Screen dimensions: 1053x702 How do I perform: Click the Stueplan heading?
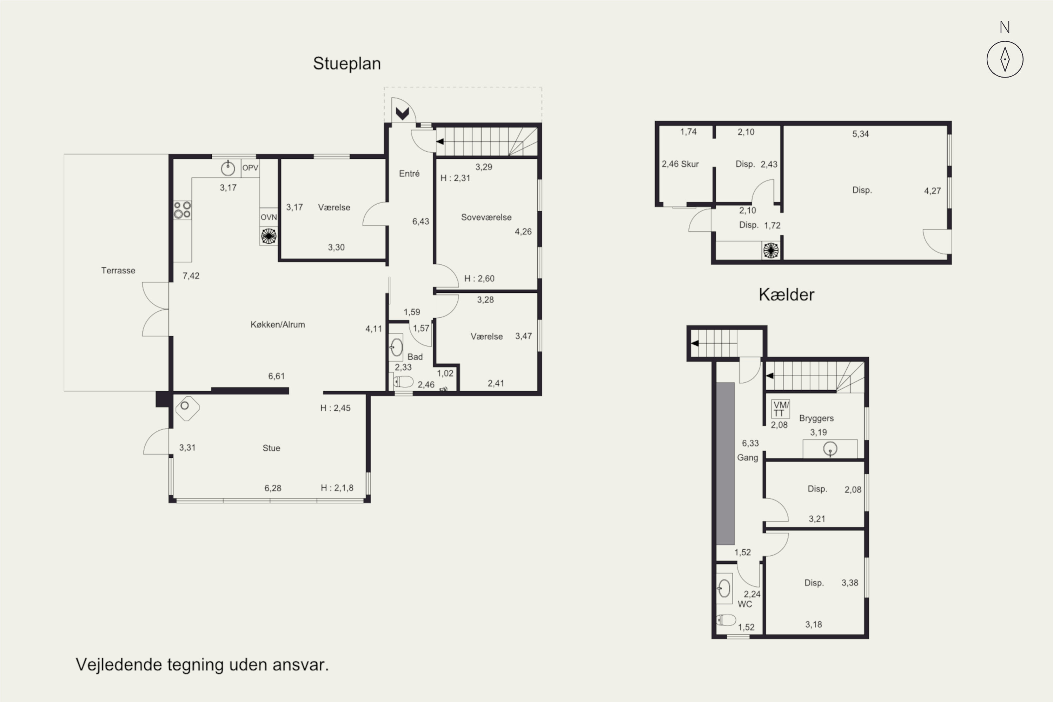tap(347, 64)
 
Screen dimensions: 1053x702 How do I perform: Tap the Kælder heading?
tap(787, 294)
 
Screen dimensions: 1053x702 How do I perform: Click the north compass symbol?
tap(1005, 59)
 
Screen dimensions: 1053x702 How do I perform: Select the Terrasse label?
tap(118, 270)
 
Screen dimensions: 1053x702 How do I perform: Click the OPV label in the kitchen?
tap(250, 168)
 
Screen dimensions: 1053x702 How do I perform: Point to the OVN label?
tap(269, 217)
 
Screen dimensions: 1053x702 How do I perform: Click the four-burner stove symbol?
tap(183, 210)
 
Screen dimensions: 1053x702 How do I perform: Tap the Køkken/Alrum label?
tap(278, 325)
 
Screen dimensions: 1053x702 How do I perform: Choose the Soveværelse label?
tap(486, 217)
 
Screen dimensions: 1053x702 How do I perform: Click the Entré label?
tap(409, 173)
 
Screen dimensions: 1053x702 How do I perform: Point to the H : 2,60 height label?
tap(479, 278)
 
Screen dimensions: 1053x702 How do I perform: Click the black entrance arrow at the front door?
tap(403, 113)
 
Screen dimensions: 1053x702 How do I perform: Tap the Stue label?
tap(271, 448)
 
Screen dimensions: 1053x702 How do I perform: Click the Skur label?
tap(690, 164)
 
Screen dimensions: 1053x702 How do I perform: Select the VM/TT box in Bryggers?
tap(781, 409)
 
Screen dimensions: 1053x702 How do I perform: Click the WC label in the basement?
tap(744, 604)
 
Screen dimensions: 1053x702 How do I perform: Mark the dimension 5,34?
tap(861, 134)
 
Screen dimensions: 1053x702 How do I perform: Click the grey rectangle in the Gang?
tap(725, 463)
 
